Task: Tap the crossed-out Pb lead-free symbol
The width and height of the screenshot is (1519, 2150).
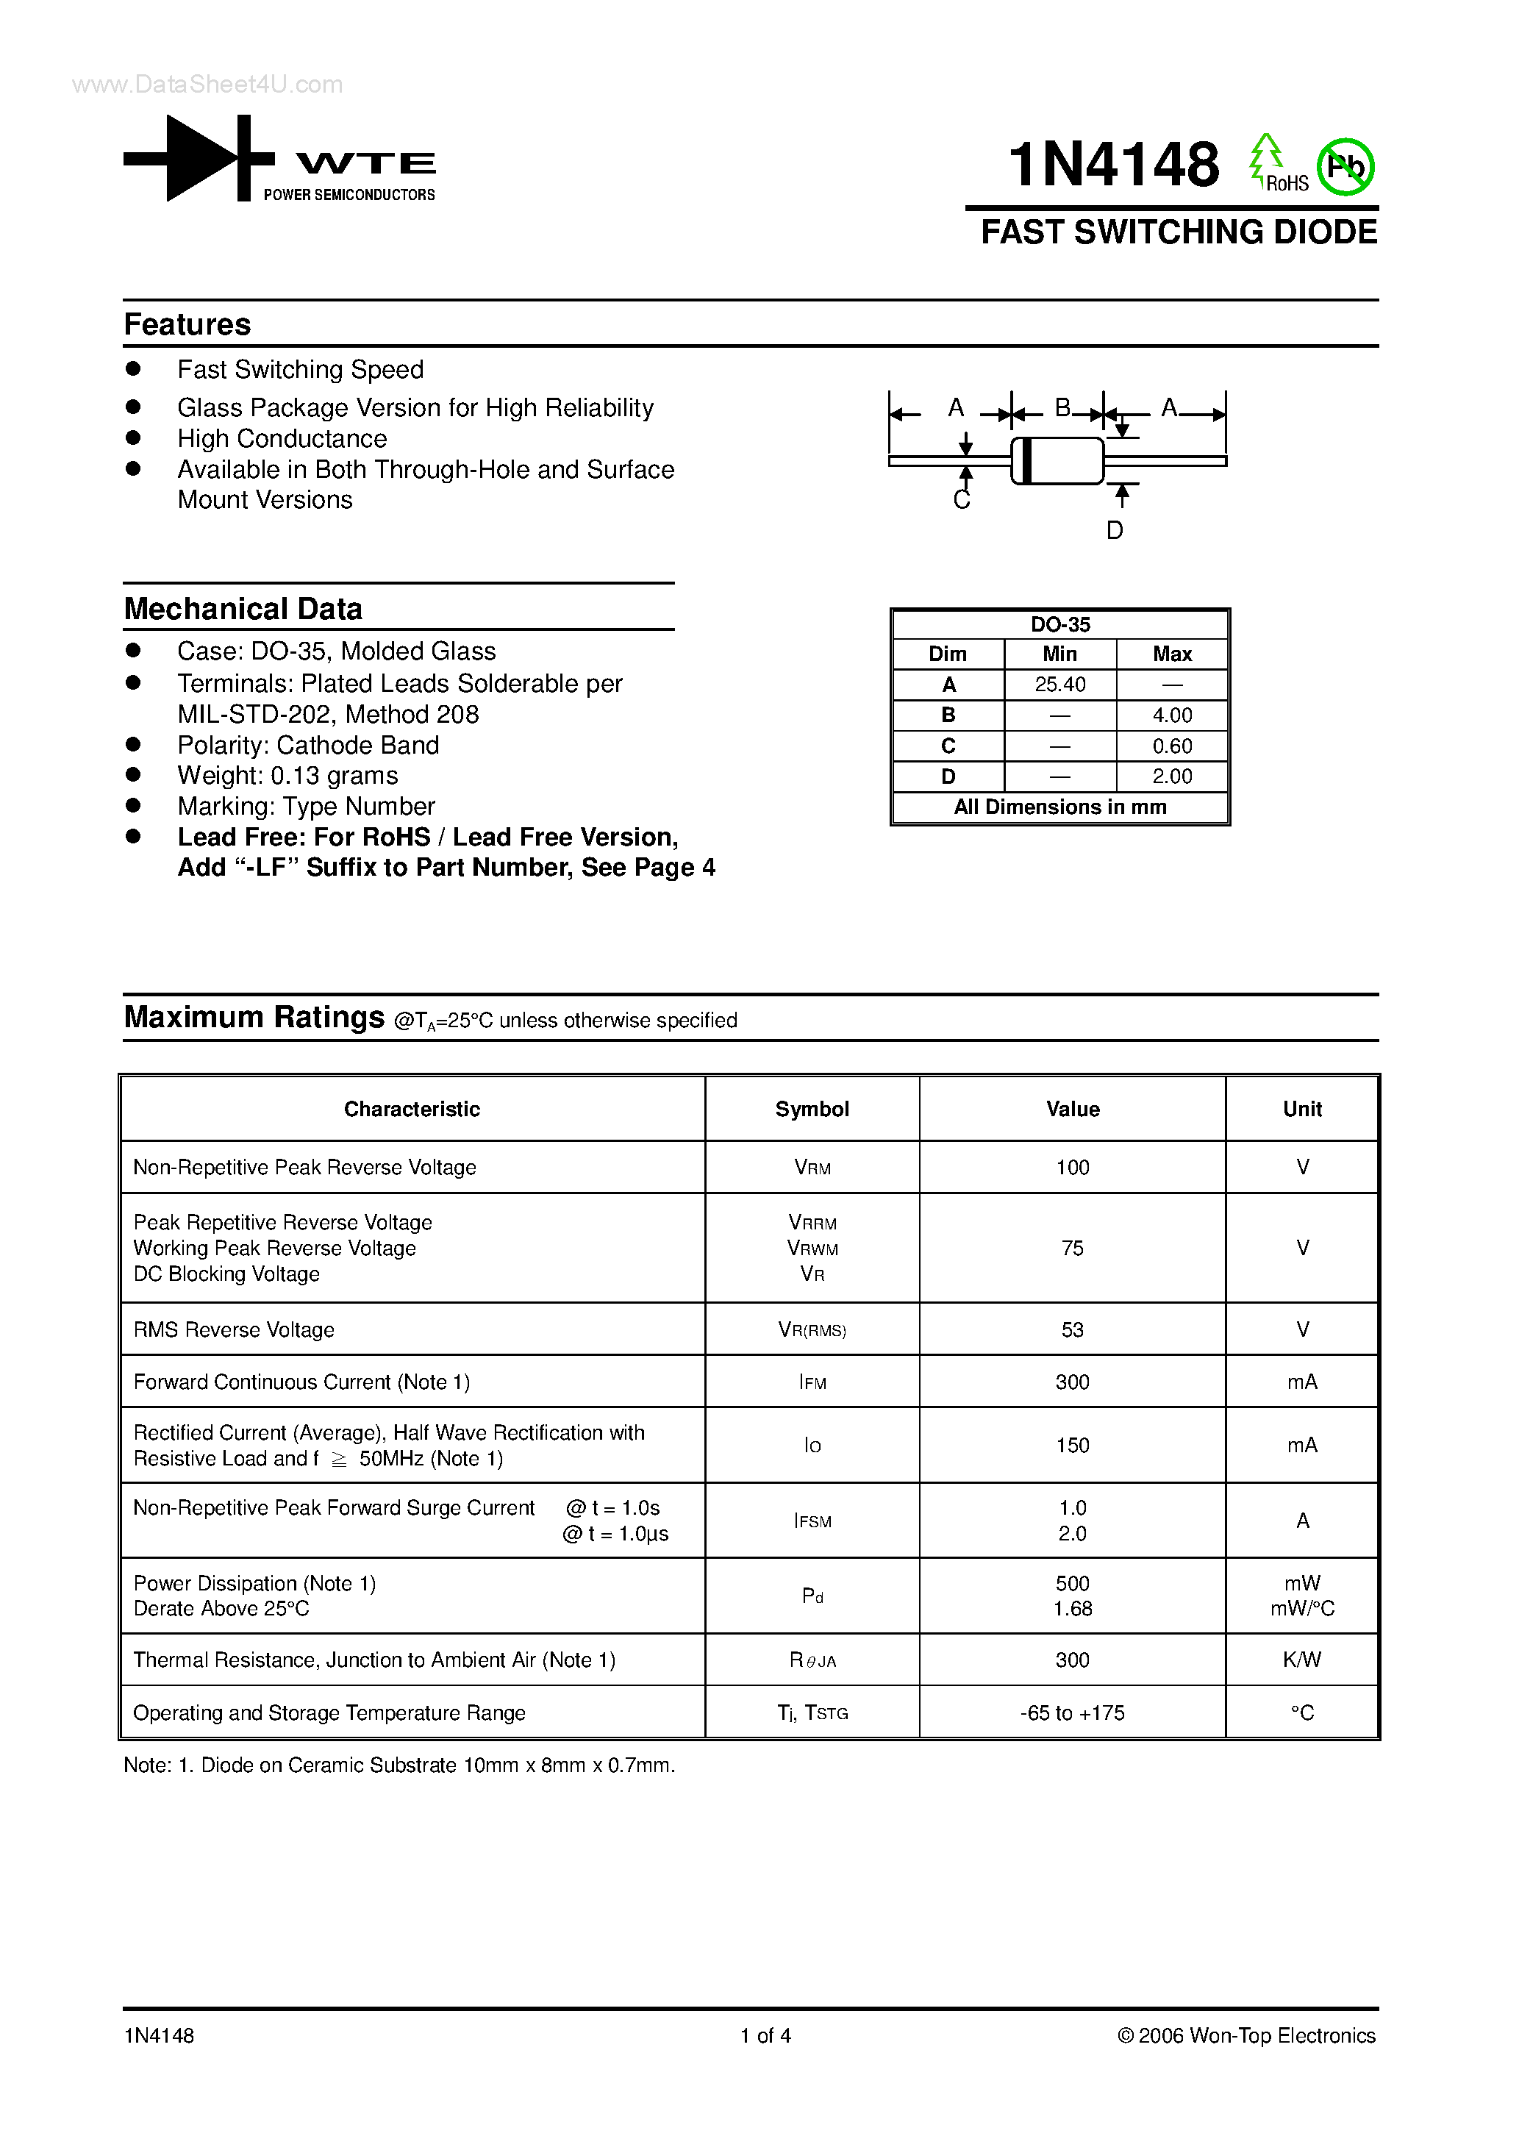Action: click(1345, 167)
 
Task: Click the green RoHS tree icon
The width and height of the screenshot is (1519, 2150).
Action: click(1265, 157)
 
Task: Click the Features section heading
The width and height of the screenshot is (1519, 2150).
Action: click(187, 324)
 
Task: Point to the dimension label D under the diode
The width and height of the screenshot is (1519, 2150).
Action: click(1115, 530)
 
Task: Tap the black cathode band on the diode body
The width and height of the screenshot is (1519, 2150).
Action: click(1026, 461)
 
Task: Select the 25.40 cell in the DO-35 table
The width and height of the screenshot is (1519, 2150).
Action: click(1060, 685)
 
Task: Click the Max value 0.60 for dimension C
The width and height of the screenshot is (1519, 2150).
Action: click(1171, 746)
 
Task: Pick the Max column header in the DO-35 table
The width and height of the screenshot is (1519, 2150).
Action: click(1171, 654)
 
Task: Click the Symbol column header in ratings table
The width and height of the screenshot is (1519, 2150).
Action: click(812, 1109)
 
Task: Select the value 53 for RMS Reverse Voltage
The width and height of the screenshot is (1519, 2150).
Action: click(1072, 1329)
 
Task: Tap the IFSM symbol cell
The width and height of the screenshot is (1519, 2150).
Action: click(812, 1521)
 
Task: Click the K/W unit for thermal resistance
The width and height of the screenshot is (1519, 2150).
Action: click(1301, 1660)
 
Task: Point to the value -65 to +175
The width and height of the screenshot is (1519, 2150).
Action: click(1072, 1713)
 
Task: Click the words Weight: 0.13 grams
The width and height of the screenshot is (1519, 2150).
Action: click(287, 775)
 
